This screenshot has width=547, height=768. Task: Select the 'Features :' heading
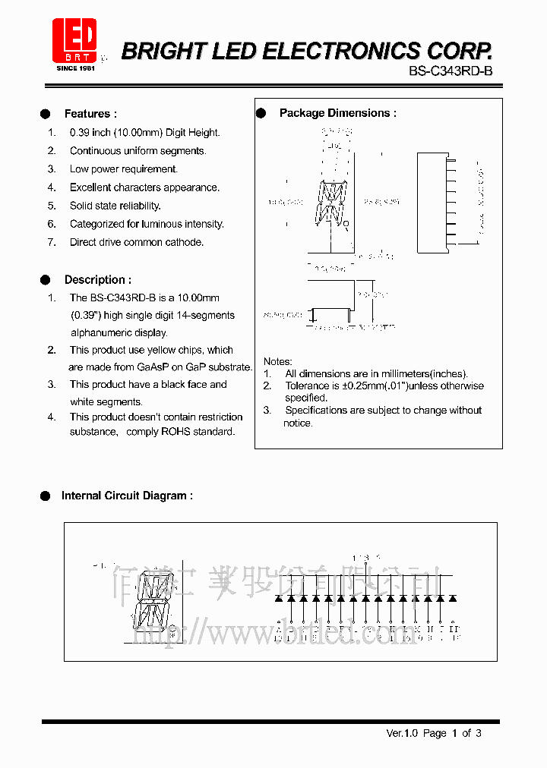coord(90,114)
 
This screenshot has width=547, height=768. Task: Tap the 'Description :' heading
coord(97,280)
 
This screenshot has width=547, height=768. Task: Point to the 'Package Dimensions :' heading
coord(337,113)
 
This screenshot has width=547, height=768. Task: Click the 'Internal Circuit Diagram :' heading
coord(127,496)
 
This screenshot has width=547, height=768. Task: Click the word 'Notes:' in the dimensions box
coord(277,362)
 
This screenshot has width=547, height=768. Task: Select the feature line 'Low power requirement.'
coord(123,169)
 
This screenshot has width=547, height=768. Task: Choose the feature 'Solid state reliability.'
coord(115,206)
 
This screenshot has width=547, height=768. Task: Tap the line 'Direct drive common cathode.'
coord(137,242)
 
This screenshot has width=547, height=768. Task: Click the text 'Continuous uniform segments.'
coord(138,151)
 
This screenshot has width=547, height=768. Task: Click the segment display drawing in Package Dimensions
coord(330,204)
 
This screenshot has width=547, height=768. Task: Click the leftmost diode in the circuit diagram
coord(279,599)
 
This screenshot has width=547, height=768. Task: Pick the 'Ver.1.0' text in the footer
coord(403,733)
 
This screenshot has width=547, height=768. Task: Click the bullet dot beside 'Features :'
coord(46,114)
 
